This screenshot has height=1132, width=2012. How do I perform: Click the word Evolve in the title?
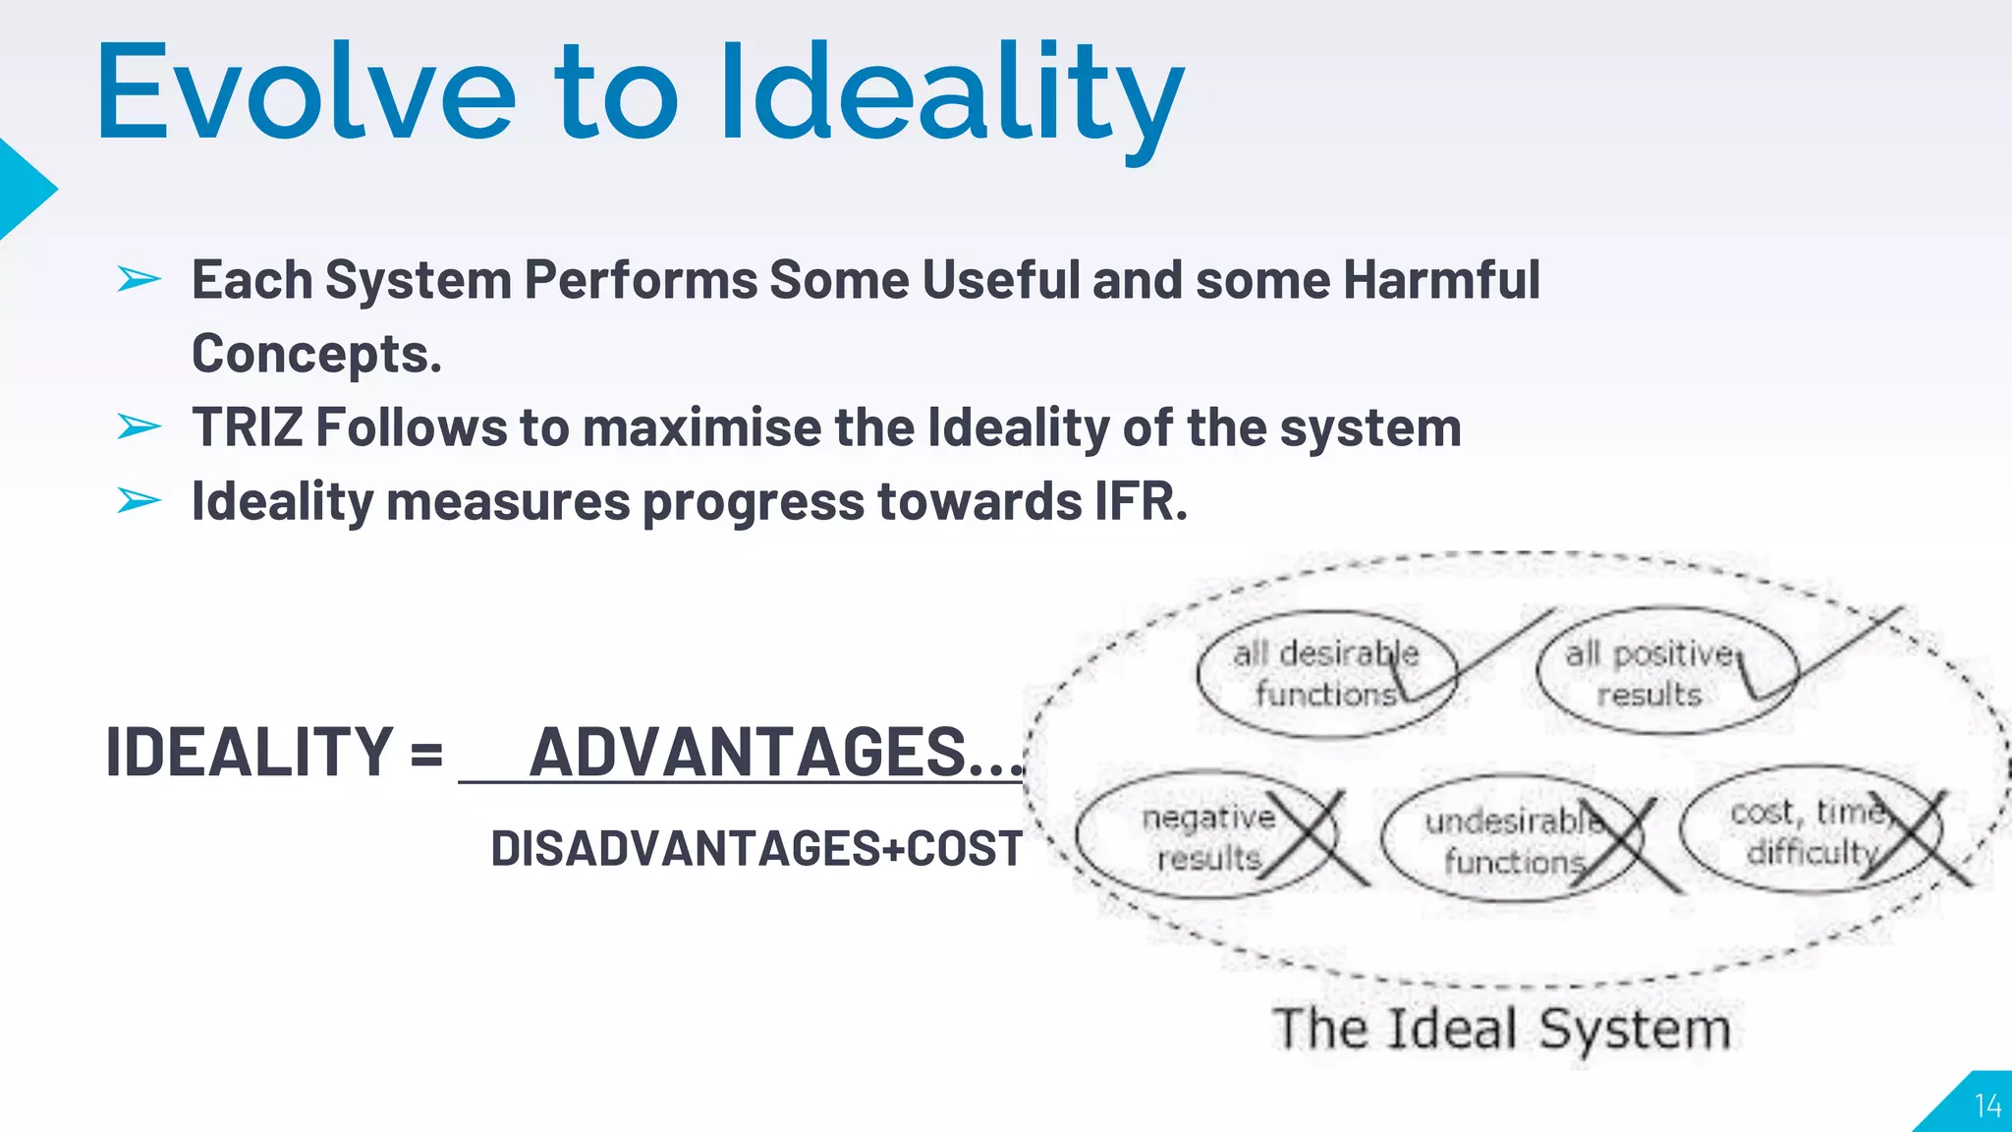305,93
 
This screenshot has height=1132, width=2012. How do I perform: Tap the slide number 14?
1986,1106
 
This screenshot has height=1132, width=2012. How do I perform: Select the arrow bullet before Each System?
139,280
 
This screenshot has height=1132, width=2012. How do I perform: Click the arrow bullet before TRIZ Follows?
139,427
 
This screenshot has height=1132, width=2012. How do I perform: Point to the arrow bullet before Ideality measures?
139,501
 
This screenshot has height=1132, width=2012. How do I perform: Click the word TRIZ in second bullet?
247,428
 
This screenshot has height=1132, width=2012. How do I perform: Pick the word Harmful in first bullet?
1441,280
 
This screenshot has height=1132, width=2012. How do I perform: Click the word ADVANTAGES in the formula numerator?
749,752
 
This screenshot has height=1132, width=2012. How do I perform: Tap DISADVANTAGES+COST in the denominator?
756,848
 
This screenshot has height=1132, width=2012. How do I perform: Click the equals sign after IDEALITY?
426,754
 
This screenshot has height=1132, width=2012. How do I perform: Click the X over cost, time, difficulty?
1911,835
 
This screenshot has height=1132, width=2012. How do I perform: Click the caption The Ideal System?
1501,1029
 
